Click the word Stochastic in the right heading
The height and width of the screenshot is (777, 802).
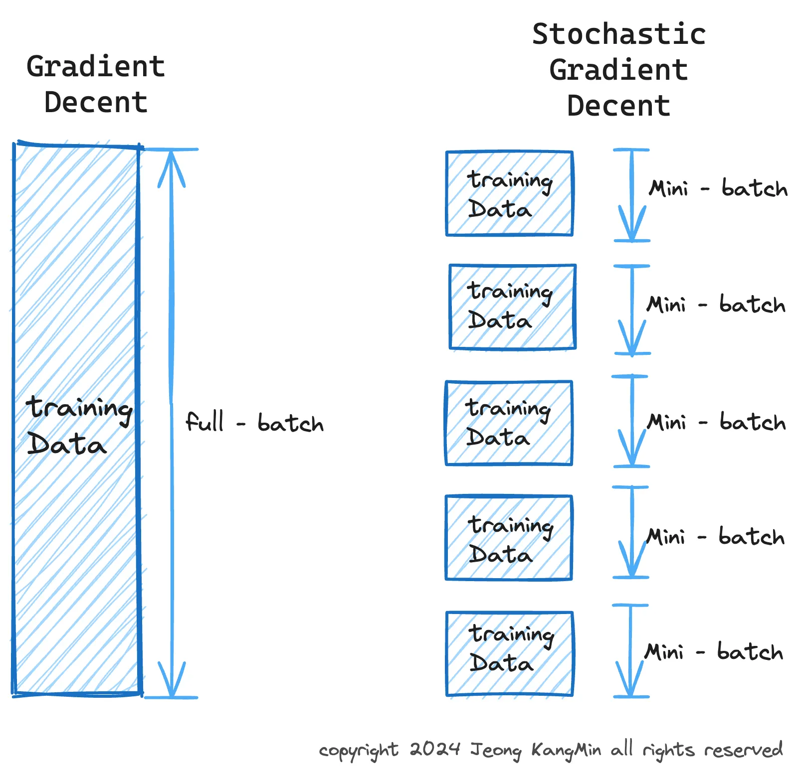(x=618, y=34)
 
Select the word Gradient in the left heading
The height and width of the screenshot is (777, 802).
(x=96, y=67)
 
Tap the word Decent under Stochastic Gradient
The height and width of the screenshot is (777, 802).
(x=618, y=106)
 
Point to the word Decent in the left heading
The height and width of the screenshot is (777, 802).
(x=96, y=103)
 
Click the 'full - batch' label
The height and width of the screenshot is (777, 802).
(x=254, y=423)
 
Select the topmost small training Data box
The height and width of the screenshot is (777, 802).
(x=509, y=193)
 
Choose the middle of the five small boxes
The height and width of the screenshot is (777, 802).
(x=509, y=423)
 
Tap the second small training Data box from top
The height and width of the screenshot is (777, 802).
(x=512, y=307)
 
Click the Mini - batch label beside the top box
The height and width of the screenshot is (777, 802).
(x=718, y=189)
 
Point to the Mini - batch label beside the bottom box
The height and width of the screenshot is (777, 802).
(x=714, y=652)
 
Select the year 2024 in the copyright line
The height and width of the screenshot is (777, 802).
(x=434, y=749)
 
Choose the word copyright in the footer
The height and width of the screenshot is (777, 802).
(x=359, y=751)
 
